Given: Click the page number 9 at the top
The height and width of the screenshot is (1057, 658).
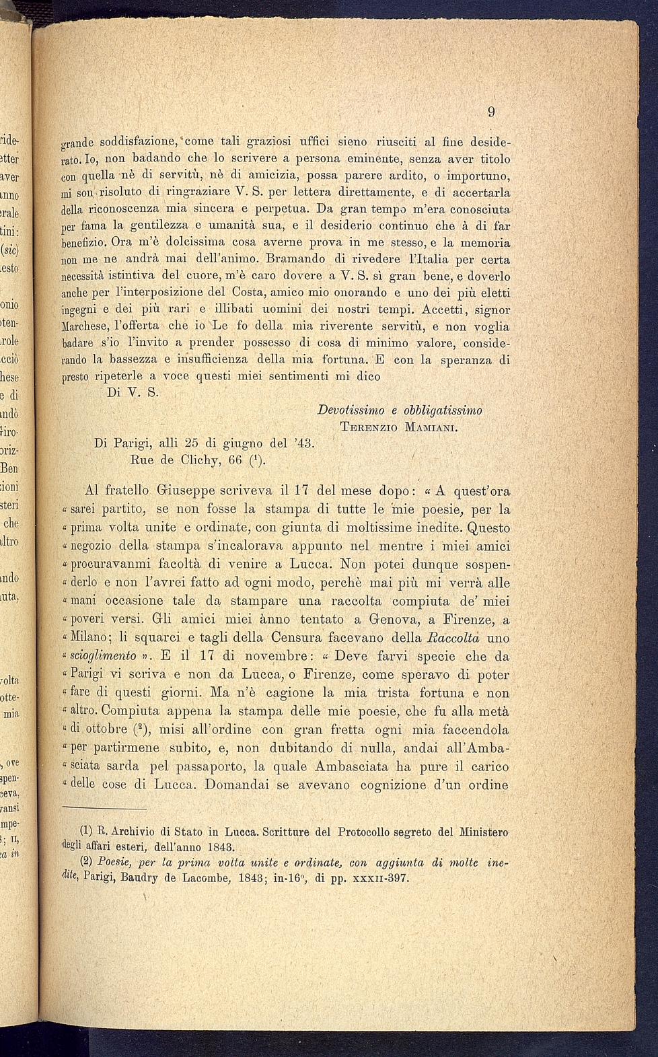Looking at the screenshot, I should point(491,112).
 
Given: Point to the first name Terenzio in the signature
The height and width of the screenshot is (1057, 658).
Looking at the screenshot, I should point(368,427).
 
